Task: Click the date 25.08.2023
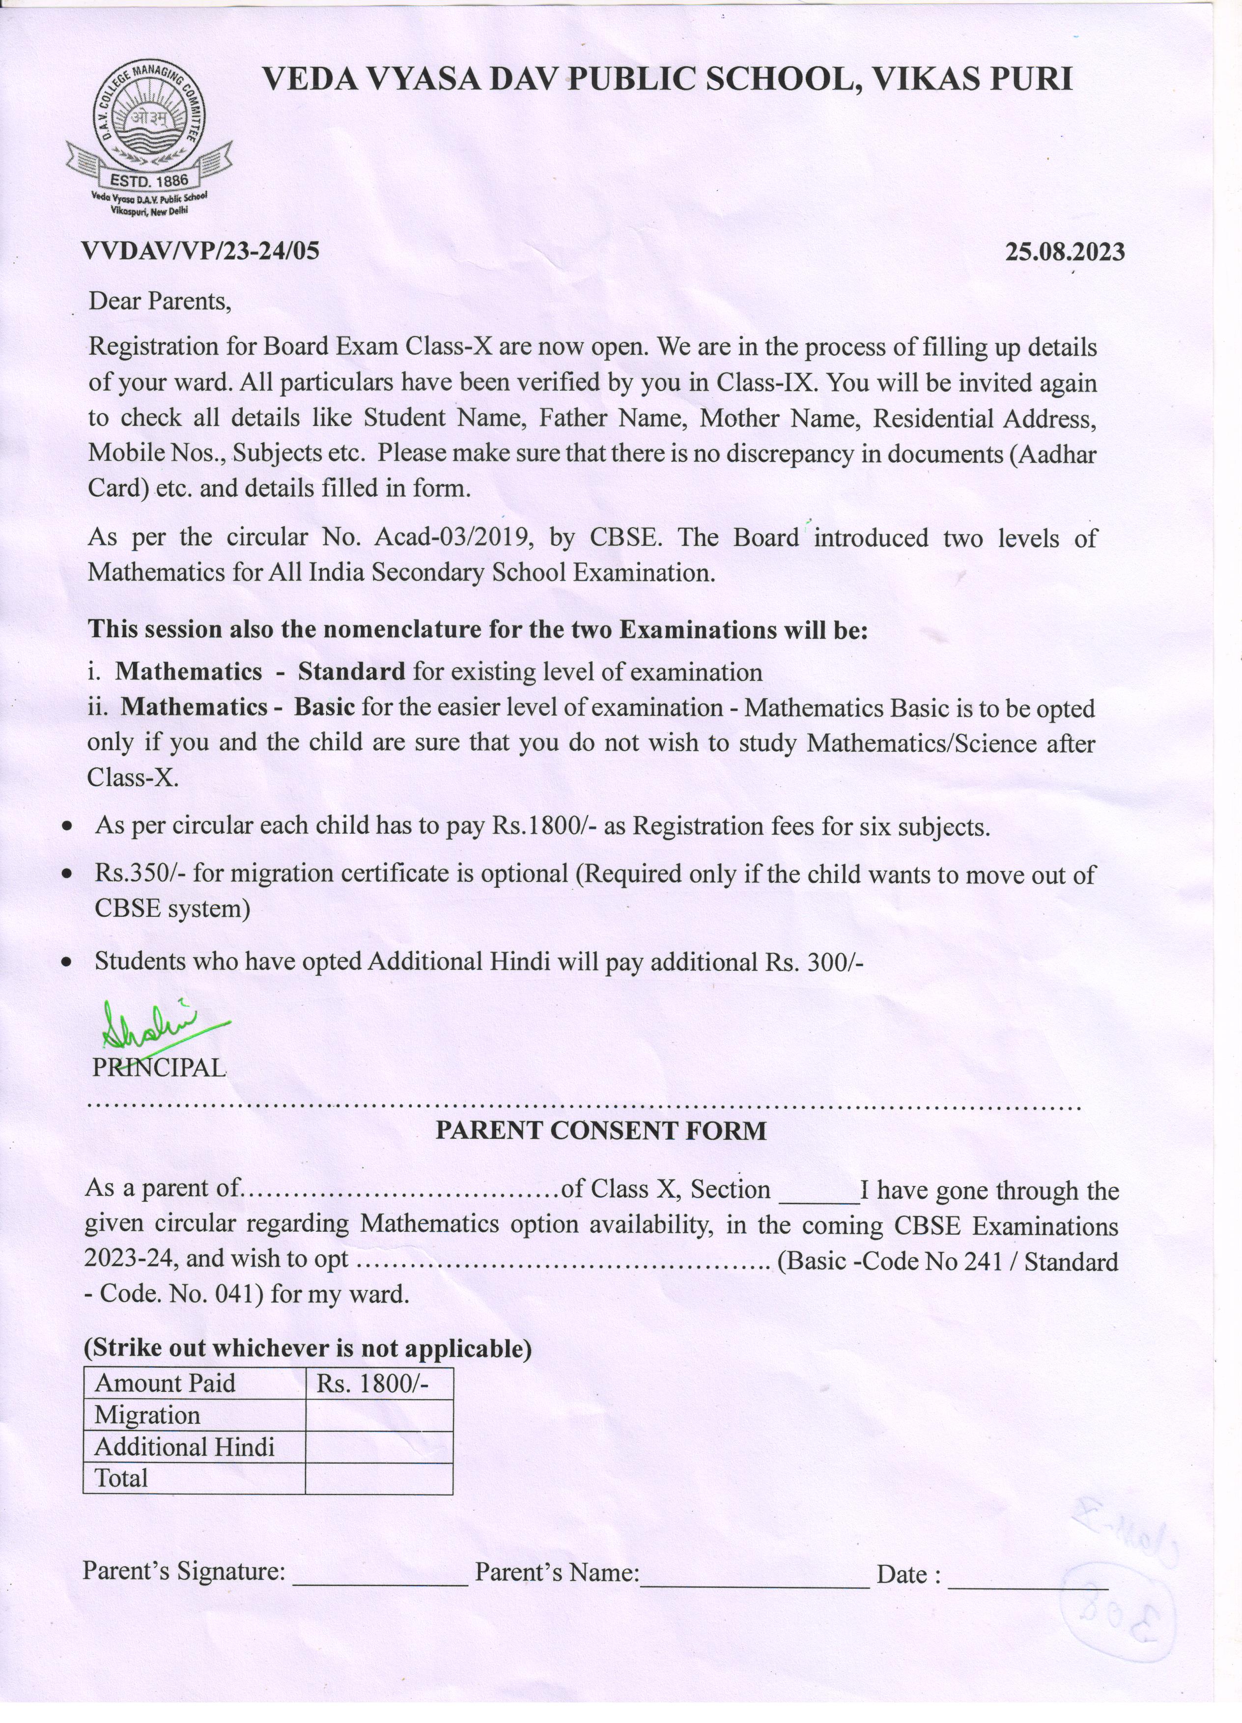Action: [x=1064, y=252]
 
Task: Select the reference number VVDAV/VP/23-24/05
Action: [x=200, y=251]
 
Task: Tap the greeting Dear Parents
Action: [x=160, y=302]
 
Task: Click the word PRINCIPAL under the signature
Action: [x=159, y=1068]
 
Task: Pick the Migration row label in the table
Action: [x=147, y=1415]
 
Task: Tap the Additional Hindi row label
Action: [x=185, y=1447]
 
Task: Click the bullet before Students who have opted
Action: [x=68, y=962]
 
